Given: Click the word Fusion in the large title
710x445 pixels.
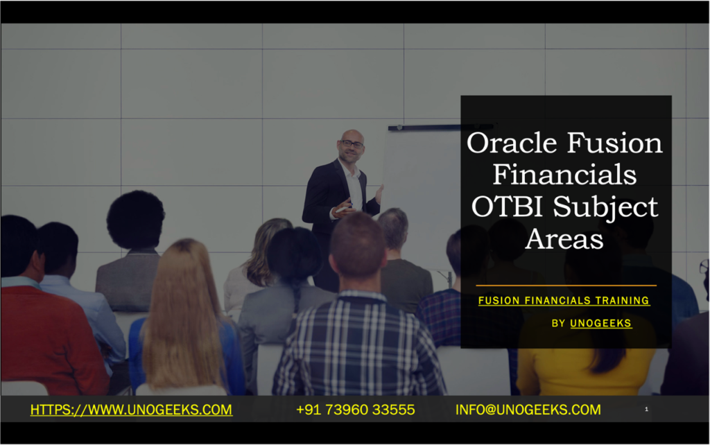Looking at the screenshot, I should point(614,143).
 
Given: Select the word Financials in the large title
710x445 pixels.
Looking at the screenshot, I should point(564,175).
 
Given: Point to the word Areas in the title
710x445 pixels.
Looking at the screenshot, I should point(564,238).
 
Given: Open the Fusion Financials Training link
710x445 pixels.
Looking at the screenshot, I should point(564,301).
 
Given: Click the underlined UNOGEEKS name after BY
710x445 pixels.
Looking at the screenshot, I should point(600,323).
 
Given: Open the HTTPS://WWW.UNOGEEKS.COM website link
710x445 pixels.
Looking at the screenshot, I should point(131,410).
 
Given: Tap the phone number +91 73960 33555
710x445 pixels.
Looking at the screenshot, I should point(355,410).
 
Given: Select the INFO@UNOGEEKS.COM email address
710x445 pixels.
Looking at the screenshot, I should point(528,410).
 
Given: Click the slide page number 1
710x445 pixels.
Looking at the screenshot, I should point(646,410).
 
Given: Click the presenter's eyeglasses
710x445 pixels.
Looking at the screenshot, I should point(352,144).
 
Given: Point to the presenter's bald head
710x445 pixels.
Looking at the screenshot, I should point(352,134).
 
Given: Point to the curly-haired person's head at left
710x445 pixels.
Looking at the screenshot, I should point(135,218).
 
